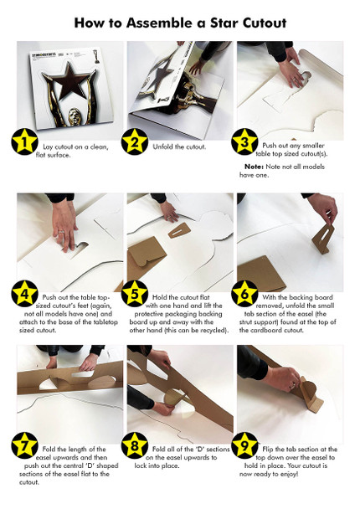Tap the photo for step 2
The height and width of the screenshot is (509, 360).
pyautogui.click(x=179, y=84)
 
